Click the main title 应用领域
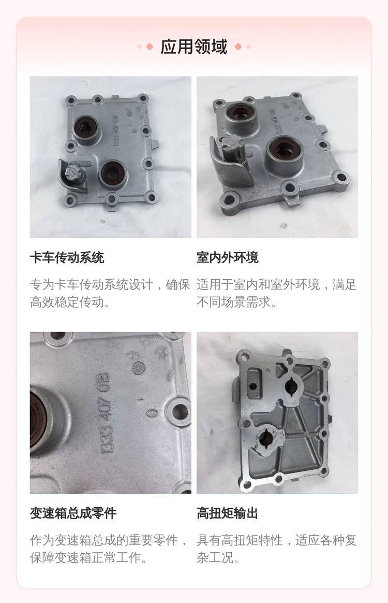tap(193, 47)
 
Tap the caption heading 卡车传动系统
tap(67, 257)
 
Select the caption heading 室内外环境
tap(228, 257)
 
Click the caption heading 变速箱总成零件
tap(73, 513)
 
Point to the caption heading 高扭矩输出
tap(228, 513)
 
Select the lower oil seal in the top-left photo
tap(112, 171)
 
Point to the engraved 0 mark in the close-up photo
tap(153, 413)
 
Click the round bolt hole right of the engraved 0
tap(179, 412)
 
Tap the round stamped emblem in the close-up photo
tap(139, 367)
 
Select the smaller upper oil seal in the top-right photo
tap(240, 113)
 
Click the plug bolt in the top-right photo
tap(233, 147)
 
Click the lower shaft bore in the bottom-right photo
tap(266, 437)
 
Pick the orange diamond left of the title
tap(150, 47)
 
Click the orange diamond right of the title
tap(238, 47)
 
